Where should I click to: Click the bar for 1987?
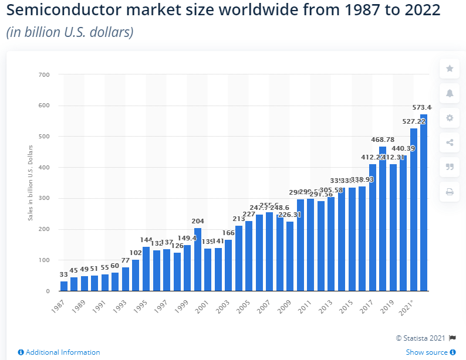click(x=64, y=286)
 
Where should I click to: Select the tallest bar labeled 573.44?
click(x=423, y=202)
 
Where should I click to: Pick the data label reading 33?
click(x=63, y=274)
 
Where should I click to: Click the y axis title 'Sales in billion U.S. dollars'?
click(x=30, y=182)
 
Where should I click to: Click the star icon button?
click(x=450, y=69)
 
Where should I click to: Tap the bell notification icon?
click(x=450, y=93)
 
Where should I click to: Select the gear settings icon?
click(x=450, y=118)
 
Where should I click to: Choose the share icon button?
click(x=450, y=142)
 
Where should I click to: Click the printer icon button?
click(x=450, y=192)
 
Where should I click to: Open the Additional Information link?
click(x=59, y=352)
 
